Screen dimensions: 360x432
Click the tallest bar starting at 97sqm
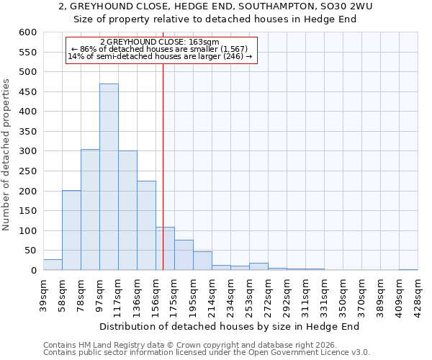(x=109, y=177)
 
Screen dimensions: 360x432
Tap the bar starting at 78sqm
(x=90, y=210)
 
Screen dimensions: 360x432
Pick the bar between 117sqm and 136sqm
(x=127, y=210)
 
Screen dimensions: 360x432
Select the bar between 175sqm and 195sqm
(x=184, y=255)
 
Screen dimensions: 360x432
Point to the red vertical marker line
(x=163, y=166)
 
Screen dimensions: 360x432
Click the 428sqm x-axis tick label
(x=418, y=295)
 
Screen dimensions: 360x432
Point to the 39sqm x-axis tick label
(x=43, y=295)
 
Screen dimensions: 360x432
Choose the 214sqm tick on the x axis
(x=212, y=295)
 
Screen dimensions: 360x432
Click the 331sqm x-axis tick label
(x=324, y=295)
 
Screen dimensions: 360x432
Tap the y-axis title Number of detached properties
(x=7, y=156)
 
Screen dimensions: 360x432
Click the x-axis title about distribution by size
(x=229, y=326)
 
